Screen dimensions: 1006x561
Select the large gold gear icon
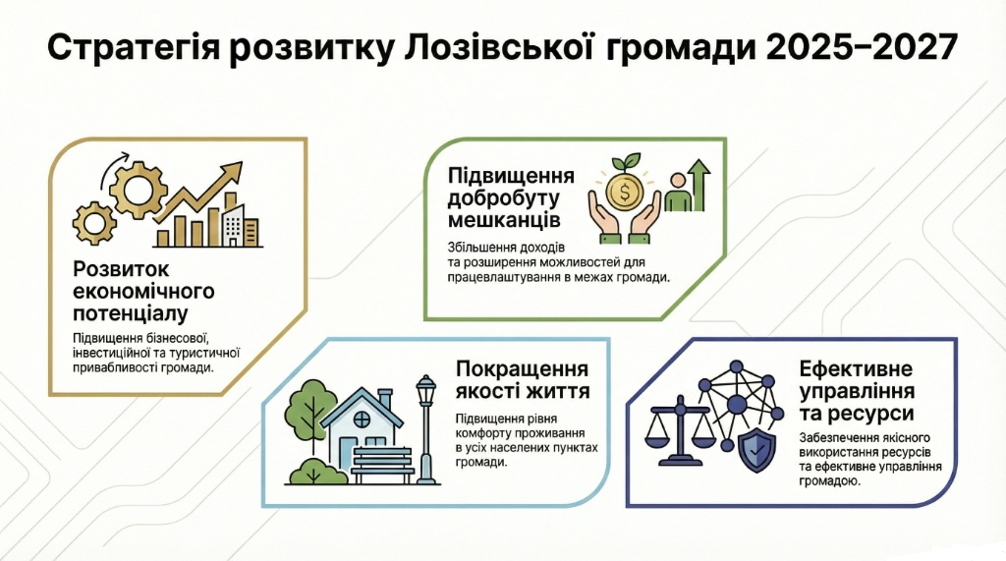[138, 190]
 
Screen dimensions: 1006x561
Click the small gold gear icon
[94, 223]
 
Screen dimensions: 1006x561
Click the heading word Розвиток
[121, 269]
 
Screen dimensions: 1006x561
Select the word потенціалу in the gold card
[131, 313]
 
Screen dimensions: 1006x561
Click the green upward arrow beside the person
[699, 185]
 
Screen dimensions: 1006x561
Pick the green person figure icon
[677, 192]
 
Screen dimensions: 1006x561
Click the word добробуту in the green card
[503, 197]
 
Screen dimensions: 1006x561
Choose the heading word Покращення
[522, 369]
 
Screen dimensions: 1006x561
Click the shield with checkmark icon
[757, 452]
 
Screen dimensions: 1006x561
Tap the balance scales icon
[680, 428]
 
